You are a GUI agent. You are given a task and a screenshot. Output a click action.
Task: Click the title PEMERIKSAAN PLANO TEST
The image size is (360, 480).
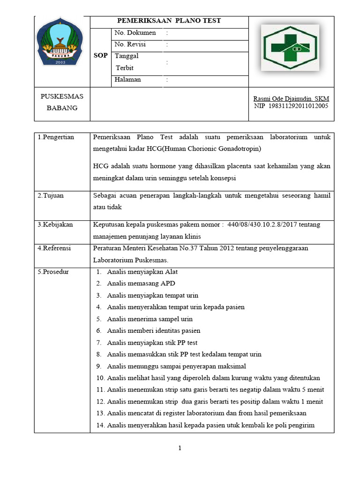[169, 21]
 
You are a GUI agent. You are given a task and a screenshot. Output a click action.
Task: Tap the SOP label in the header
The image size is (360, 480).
[100, 55]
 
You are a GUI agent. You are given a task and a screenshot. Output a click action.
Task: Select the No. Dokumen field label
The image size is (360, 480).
[135, 33]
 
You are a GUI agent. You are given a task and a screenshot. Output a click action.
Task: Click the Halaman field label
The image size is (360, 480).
[127, 80]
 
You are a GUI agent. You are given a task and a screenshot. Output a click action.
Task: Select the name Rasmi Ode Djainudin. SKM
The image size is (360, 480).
[291, 98]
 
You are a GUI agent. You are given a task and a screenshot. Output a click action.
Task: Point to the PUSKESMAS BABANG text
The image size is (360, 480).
[61, 102]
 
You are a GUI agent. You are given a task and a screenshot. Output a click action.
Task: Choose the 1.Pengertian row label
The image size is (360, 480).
[56, 137]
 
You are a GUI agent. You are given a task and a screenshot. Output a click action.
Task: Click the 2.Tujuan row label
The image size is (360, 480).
[51, 195]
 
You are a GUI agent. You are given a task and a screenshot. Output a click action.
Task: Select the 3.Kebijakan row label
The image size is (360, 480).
[55, 225]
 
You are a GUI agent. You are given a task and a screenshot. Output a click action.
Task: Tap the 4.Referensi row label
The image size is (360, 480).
[54, 248]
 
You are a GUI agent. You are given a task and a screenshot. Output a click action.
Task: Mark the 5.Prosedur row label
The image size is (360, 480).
[53, 271]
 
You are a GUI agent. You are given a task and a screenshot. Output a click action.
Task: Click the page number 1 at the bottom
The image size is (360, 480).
[180, 448]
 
